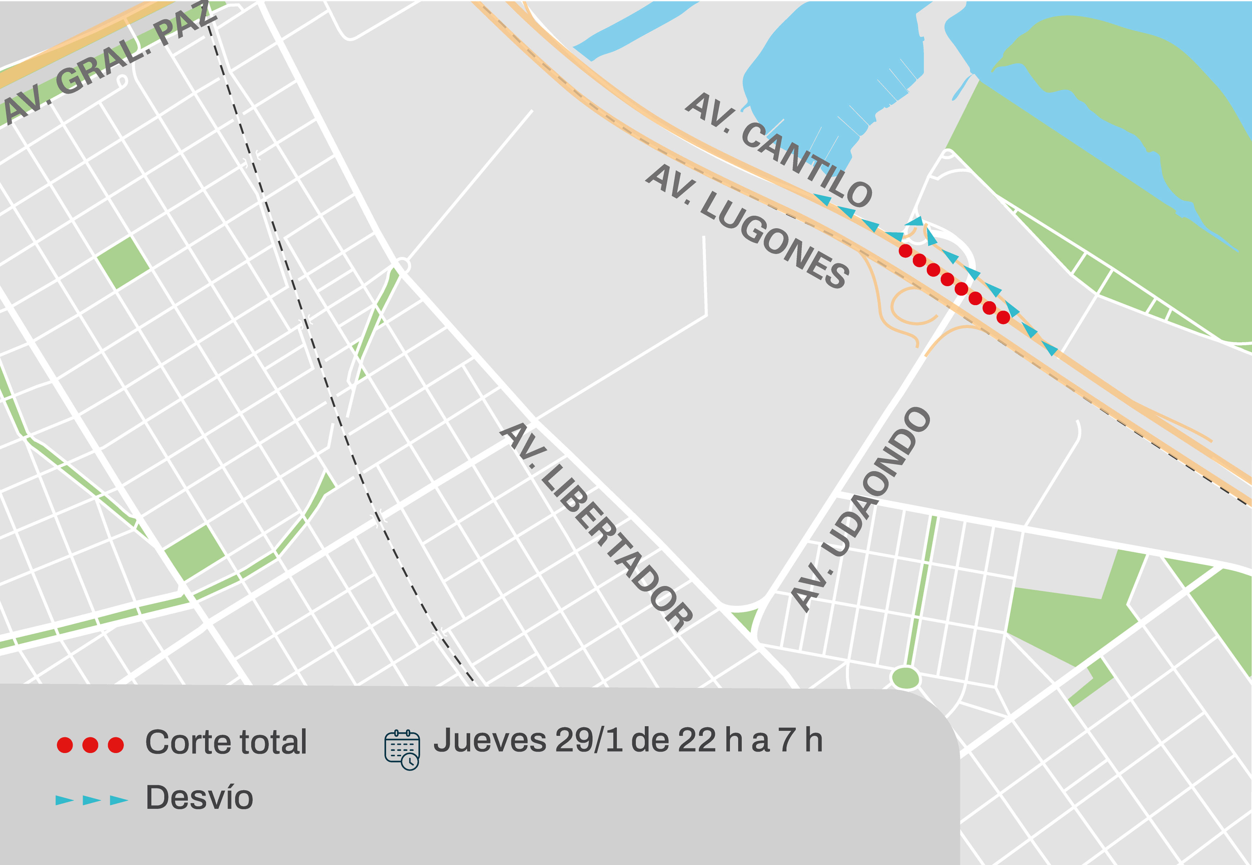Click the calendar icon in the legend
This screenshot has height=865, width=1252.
[x=402, y=749]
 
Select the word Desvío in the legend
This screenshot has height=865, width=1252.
[x=199, y=798]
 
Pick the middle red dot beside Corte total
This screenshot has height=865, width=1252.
[x=90, y=745]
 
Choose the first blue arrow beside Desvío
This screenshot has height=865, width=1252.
[x=64, y=800]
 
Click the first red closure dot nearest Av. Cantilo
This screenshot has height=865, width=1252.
[x=905, y=251]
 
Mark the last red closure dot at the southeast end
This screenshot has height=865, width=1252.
[x=1003, y=318]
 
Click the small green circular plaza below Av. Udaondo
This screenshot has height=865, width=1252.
[x=905, y=678]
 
